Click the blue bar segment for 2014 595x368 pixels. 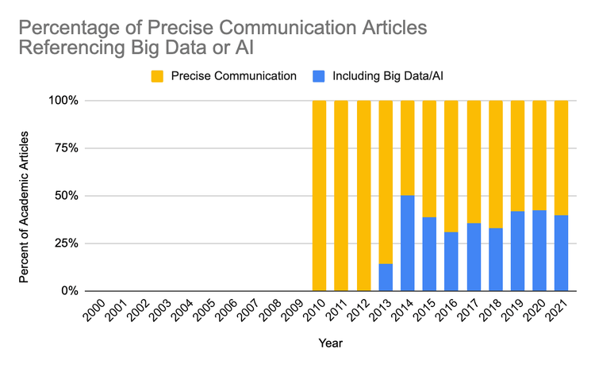point(407,243)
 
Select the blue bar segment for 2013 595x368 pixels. point(386,277)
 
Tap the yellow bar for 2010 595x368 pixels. point(319,195)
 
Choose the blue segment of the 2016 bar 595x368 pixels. point(451,261)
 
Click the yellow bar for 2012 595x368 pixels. point(363,195)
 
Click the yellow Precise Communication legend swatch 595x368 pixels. point(155,76)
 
